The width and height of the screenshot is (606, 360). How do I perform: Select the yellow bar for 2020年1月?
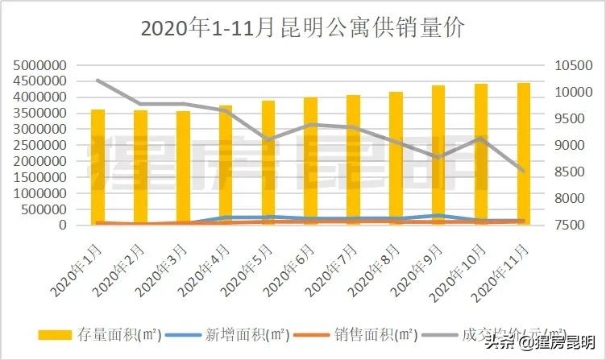pyautogui.click(x=98, y=167)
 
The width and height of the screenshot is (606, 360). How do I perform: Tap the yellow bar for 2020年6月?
pyautogui.click(x=310, y=161)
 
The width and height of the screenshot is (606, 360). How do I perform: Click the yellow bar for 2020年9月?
pyautogui.click(x=438, y=155)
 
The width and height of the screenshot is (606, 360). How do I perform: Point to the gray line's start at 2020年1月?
pyautogui.click(x=98, y=81)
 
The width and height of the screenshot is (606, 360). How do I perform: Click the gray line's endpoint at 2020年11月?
pyautogui.click(x=523, y=171)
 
